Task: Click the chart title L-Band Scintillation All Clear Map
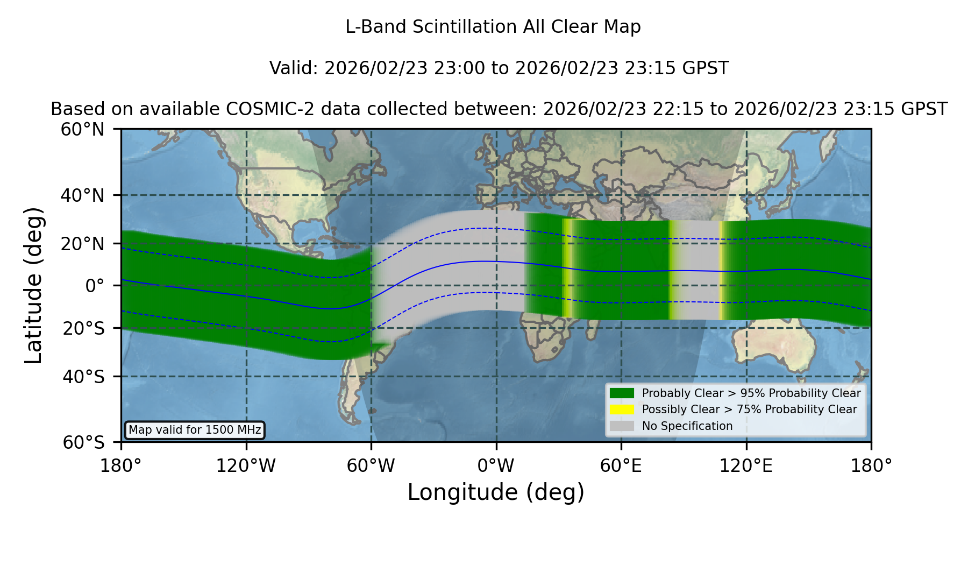coord(493,27)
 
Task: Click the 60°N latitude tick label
coord(83,130)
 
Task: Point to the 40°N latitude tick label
coord(83,195)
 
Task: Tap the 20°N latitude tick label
coord(83,244)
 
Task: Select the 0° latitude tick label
coord(95,286)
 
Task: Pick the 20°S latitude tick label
coord(84,328)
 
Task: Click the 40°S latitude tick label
coord(84,377)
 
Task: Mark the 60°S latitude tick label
coord(84,442)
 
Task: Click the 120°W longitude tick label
coord(246,465)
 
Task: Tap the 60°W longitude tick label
coord(371,465)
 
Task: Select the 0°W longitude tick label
coord(496,465)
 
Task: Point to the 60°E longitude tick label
coord(621,465)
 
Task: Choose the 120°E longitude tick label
coord(746,465)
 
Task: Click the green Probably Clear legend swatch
coord(622,393)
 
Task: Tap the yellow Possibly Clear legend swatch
coord(622,409)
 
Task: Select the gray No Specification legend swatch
coord(622,426)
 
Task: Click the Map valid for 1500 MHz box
coord(195,430)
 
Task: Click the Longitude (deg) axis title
coord(496,492)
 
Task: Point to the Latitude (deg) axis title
coord(34,285)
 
